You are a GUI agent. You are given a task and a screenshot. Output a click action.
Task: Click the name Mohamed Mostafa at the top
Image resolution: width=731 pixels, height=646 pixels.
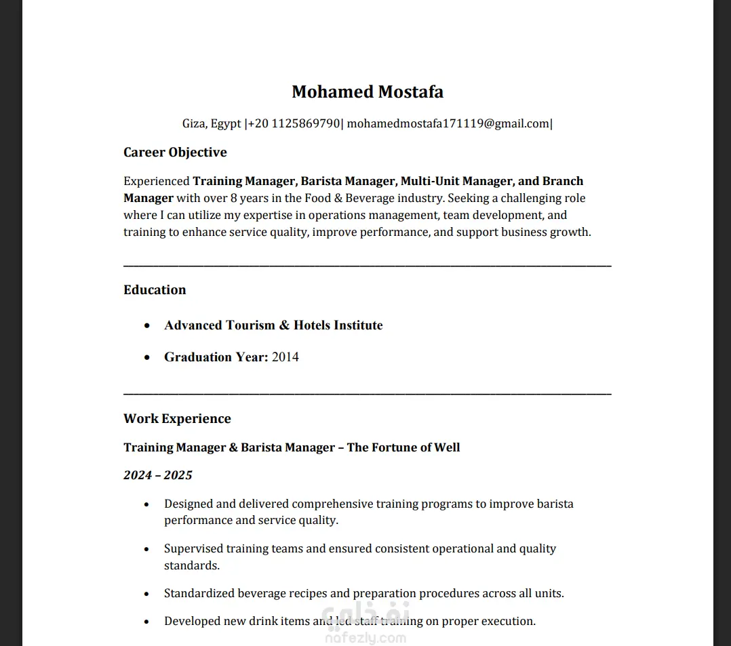pyautogui.click(x=367, y=92)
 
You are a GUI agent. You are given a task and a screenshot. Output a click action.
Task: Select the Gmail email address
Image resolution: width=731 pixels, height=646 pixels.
pyautogui.click(x=448, y=123)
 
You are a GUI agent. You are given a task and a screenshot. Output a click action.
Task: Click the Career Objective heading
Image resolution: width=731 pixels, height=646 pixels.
pyautogui.click(x=175, y=152)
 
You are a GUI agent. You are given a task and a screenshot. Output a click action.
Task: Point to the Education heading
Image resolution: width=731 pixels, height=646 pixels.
pyautogui.click(x=155, y=289)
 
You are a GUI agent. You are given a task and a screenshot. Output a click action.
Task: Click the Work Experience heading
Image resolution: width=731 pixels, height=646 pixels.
pyautogui.click(x=177, y=418)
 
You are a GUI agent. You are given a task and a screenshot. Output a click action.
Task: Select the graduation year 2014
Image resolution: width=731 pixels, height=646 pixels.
pyautogui.click(x=285, y=357)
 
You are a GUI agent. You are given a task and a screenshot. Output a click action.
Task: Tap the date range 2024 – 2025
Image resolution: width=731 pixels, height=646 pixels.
pyautogui.click(x=158, y=475)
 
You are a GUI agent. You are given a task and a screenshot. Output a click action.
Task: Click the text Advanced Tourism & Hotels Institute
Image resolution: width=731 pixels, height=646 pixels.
pyautogui.click(x=273, y=325)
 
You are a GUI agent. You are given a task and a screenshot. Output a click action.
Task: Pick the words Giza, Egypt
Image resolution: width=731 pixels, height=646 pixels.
pyautogui.click(x=212, y=123)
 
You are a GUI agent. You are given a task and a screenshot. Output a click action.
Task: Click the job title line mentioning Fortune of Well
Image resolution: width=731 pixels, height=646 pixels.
pyautogui.click(x=292, y=447)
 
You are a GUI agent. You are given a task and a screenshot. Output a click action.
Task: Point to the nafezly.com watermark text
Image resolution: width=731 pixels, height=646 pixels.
pyautogui.click(x=366, y=638)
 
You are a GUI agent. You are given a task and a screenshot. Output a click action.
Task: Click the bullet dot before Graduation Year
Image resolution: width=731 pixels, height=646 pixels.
pyautogui.click(x=147, y=357)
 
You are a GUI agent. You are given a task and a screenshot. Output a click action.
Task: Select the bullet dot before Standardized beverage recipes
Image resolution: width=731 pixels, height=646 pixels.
pyautogui.click(x=147, y=594)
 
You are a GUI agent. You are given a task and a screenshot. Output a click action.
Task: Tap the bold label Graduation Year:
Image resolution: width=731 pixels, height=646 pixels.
pyautogui.click(x=216, y=357)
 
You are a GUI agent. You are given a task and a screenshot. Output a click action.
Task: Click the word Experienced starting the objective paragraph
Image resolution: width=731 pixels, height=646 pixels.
pyautogui.click(x=156, y=181)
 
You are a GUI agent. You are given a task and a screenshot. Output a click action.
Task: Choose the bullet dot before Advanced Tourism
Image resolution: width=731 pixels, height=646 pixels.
pyautogui.click(x=147, y=326)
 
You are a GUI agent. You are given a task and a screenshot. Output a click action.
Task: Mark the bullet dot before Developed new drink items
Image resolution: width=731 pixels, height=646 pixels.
pyautogui.click(x=147, y=622)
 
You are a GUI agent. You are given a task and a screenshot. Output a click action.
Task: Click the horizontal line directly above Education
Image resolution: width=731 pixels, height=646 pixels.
pyautogui.click(x=367, y=265)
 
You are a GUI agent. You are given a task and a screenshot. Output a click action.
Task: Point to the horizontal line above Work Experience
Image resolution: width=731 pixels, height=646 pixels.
pyautogui.click(x=367, y=393)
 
